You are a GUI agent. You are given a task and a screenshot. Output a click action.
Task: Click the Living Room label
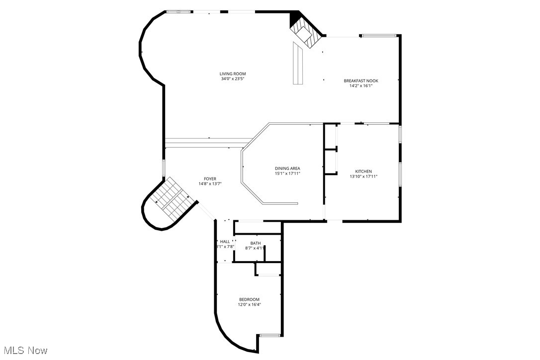pyautogui.click(x=233, y=74)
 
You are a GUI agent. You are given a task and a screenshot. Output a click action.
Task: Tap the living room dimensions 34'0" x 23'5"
pyautogui.click(x=233, y=79)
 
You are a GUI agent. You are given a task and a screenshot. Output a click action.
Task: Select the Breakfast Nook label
pyautogui.click(x=360, y=81)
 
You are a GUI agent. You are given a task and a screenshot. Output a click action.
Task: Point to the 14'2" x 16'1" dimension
pyautogui.click(x=360, y=86)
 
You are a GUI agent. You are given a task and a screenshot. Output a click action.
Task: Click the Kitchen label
pyautogui.click(x=363, y=172)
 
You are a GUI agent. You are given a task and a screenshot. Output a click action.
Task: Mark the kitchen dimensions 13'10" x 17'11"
pyautogui.click(x=363, y=177)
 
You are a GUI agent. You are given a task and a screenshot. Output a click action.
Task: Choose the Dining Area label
pyautogui.click(x=287, y=169)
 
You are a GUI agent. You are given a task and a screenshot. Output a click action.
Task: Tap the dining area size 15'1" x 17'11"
pyautogui.click(x=287, y=174)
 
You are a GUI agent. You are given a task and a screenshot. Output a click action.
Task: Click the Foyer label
pyautogui.click(x=210, y=179)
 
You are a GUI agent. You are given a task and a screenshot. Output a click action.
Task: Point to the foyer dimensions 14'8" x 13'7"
pyautogui.click(x=210, y=184)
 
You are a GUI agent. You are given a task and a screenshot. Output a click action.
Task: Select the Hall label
pyautogui.click(x=225, y=242)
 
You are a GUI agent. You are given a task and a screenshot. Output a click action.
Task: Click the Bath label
pyautogui.click(x=256, y=243)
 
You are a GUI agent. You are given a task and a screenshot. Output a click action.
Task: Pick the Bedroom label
pyautogui.click(x=249, y=299)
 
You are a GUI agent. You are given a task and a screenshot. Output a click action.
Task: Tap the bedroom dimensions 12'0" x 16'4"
pyautogui.click(x=249, y=304)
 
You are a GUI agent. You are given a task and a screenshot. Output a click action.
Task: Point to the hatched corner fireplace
pyautogui.click(x=304, y=35)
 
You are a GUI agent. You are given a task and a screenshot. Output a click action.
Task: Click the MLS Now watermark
pyautogui.click(x=24, y=351)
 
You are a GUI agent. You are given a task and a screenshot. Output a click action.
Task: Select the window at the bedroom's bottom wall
pyautogui.click(x=270, y=336)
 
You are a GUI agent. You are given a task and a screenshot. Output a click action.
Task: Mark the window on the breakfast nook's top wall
pyautogui.click(x=379, y=35)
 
